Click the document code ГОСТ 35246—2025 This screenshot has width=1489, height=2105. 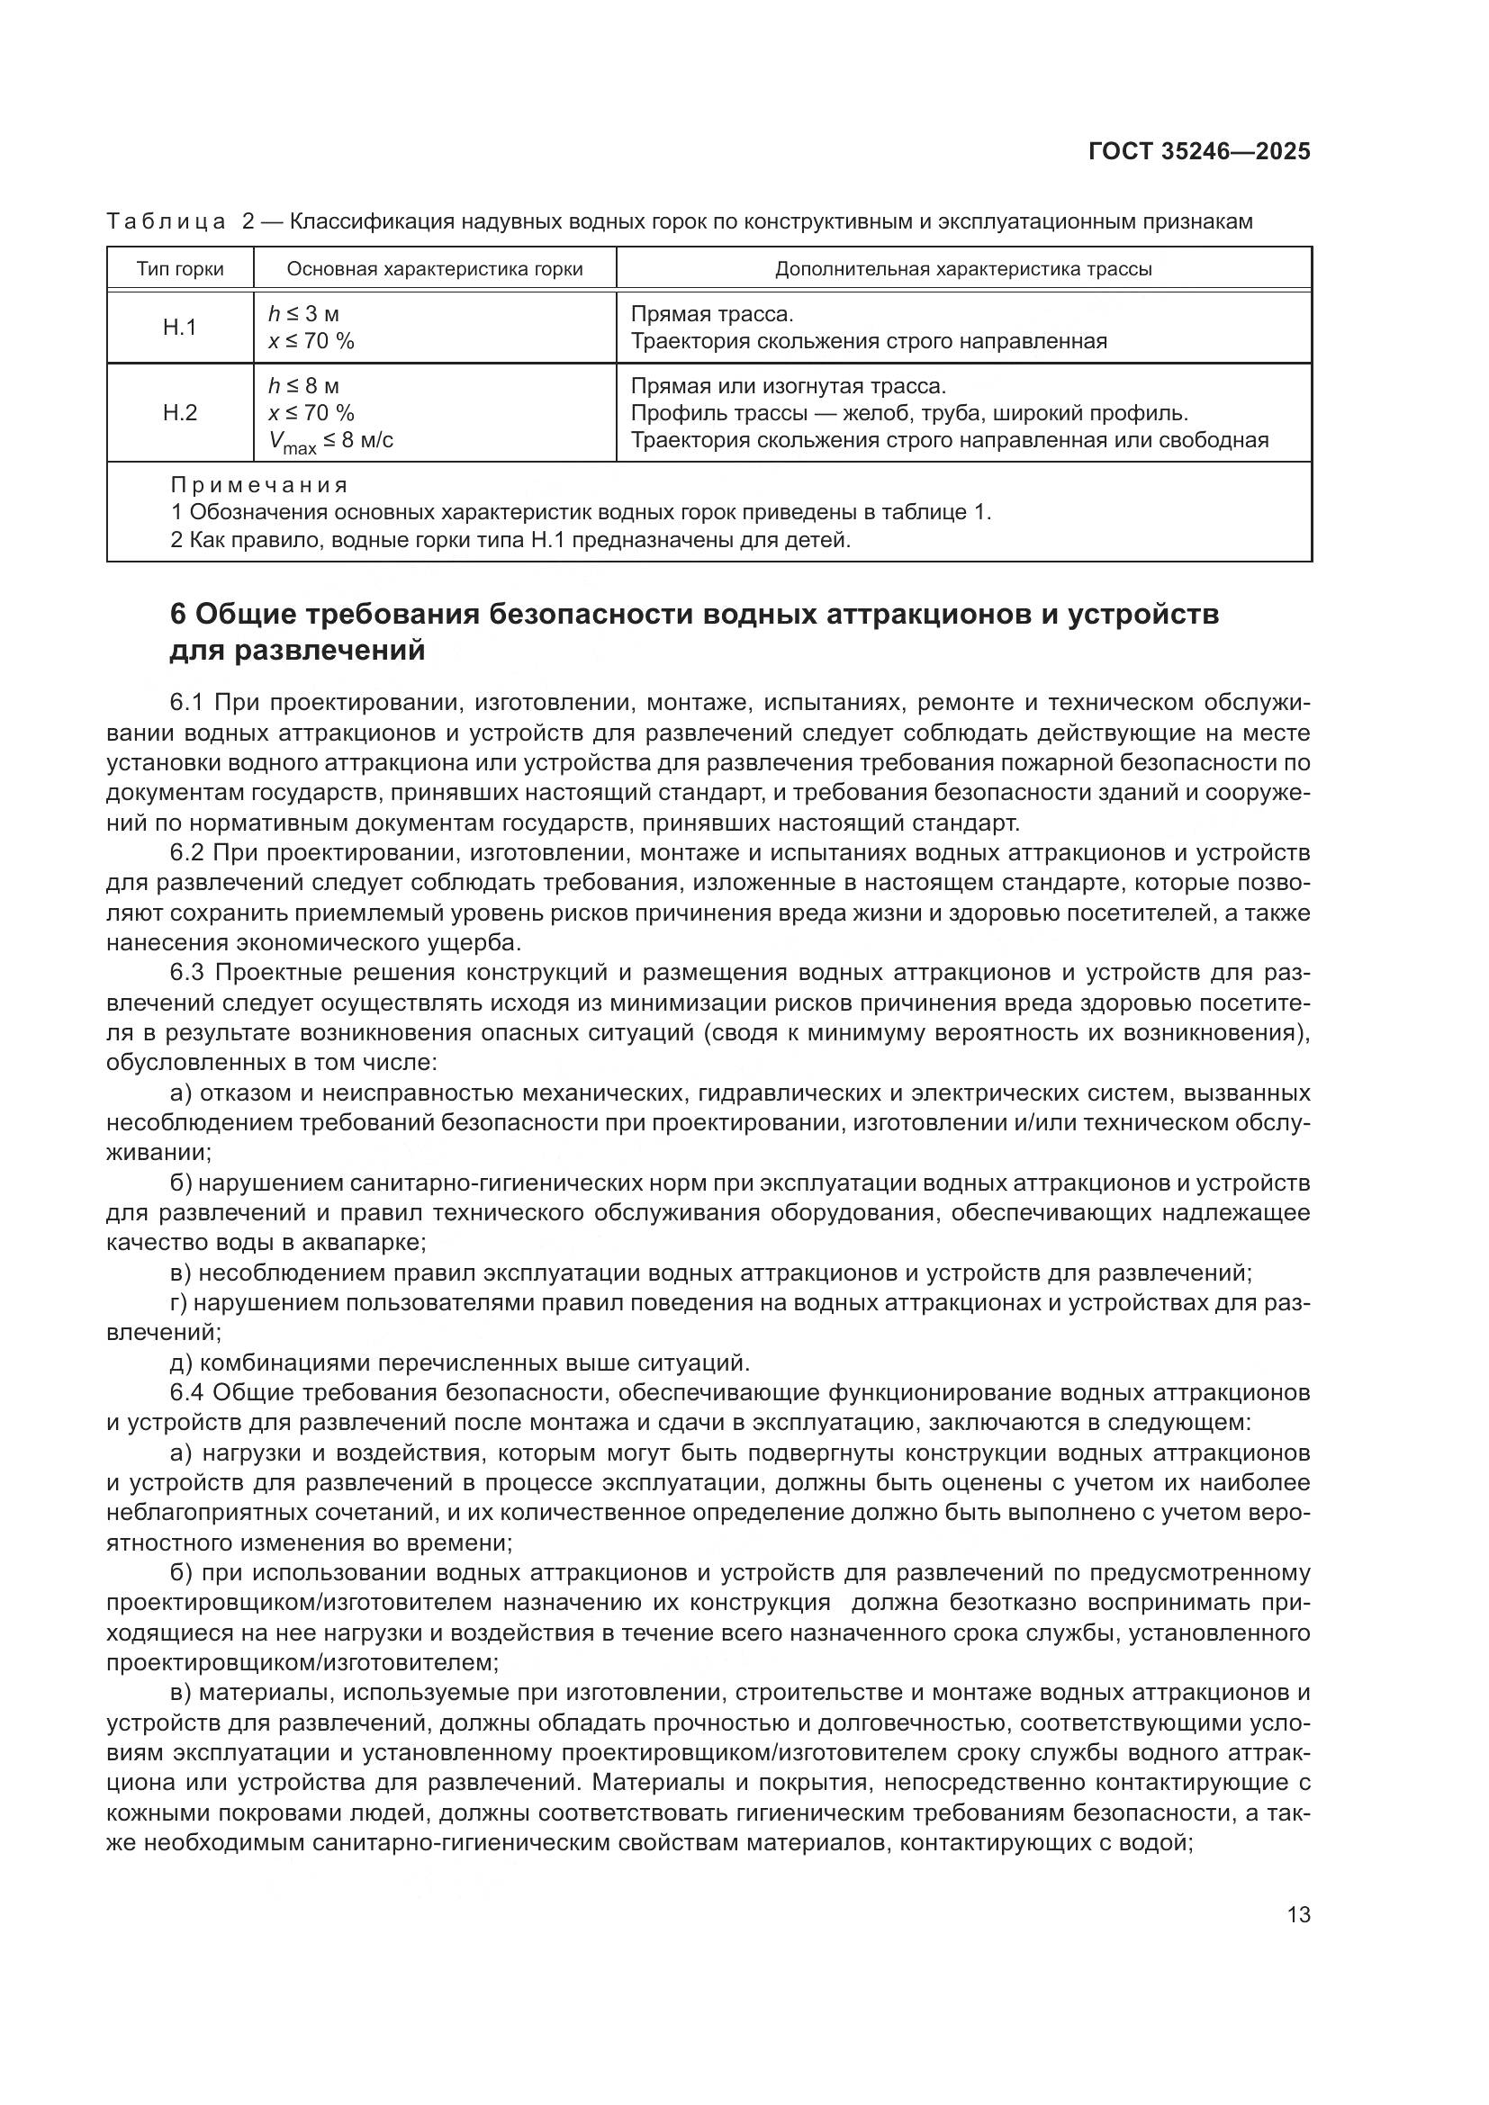1199,151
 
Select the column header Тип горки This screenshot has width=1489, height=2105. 180,268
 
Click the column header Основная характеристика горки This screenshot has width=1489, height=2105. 435,268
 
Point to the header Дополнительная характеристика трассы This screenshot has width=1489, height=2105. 962,268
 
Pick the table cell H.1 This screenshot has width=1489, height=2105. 180,328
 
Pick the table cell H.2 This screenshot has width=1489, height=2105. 180,412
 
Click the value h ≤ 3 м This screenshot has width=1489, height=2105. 303,314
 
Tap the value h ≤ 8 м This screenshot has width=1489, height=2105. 303,386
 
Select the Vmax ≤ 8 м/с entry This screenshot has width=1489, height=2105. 331,442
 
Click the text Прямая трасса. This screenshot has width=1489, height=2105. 711,314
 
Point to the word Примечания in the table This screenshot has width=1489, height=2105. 259,485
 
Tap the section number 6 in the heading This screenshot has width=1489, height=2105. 178,614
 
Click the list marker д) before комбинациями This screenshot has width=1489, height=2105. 181,1363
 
